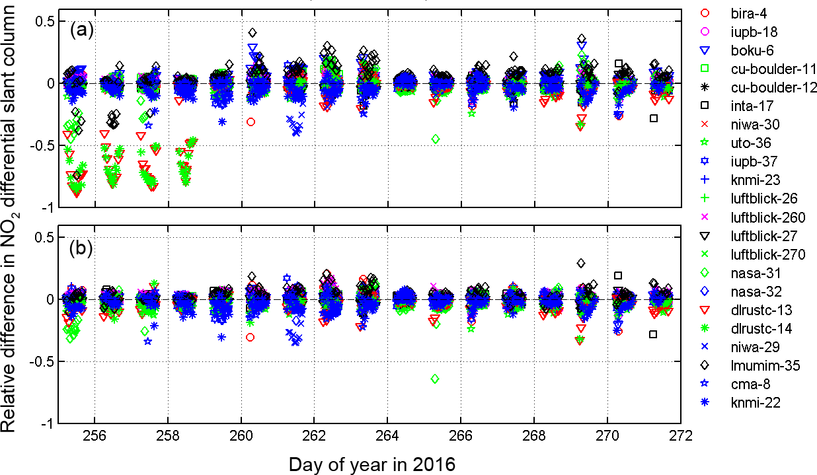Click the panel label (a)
[81, 30]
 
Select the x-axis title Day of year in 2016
[371, 464]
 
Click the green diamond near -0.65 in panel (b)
[435, 379]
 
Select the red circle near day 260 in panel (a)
[251, 122]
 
